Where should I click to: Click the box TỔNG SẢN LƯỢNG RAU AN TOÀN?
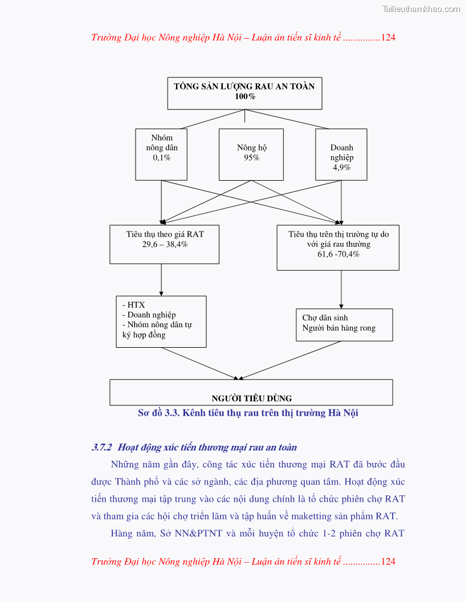click(x=244, y=93)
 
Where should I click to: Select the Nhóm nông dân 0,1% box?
click(x=162, y=154)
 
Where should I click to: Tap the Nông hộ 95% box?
click(x=251, y=154)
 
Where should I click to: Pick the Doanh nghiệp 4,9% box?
click(x=341, y=154)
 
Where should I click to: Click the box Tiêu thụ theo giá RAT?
click(x=164, y=244)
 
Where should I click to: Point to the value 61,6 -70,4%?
click(x=338, y=254)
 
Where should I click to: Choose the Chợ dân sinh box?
click(x=344, y=324)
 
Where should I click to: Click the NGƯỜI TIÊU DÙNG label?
click(x=251, y=398)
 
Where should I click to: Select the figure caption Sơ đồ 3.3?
click(x=248, y=413)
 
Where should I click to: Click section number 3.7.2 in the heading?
click(x=102, y=448)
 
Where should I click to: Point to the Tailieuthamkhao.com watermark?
click(x=421, y=9)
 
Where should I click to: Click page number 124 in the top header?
click(x=388, y=38)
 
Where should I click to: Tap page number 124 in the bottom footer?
click(x=388, y=562)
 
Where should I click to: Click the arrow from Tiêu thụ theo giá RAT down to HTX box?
click(x=161, y=280)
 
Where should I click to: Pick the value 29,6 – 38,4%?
click(x=165, y=244)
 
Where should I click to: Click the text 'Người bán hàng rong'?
click(x=338, y=328)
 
